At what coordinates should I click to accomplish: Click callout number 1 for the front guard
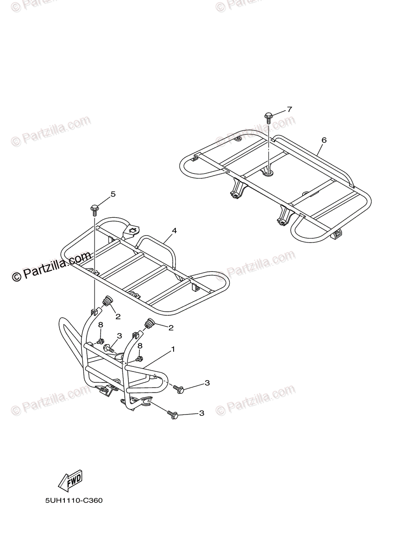pos(173,349)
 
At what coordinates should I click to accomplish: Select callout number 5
pos(113,194)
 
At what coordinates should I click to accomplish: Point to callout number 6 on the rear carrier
pos(323,140)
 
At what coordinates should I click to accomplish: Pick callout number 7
pos(289,109)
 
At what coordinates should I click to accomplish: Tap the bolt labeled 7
pos(268,118)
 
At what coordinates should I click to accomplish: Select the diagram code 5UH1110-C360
pos(74,501)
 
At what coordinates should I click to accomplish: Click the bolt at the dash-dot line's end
pos(179,389)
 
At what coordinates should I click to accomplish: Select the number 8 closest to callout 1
pos(140,346)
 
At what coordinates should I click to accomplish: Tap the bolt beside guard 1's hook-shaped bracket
pos(172,414)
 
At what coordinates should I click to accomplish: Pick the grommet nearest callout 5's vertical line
pos(108,302)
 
